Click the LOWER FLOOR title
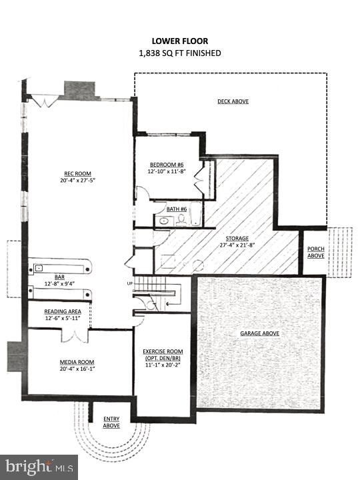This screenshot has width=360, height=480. pos(179,41)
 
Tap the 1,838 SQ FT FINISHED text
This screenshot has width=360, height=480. pos(179,53)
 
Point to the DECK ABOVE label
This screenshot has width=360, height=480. pos(233,101)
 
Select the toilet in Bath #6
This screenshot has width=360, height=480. pos(181,219)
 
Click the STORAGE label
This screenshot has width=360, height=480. pos(236,238)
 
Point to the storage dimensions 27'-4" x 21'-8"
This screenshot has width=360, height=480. pos(236,245)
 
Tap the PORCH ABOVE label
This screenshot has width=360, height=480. pos(315,253)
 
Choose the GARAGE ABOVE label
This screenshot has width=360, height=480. pos(259,333)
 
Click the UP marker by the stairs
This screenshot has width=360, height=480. pos(129,284)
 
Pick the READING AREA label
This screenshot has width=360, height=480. pos(63,312)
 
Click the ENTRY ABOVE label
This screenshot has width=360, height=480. pos(111,423)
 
